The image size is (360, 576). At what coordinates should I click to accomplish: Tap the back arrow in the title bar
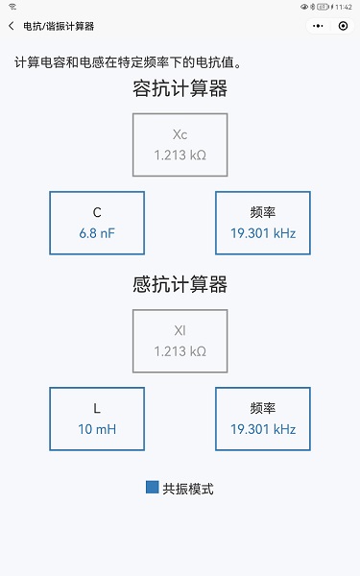click(x=12, y=27)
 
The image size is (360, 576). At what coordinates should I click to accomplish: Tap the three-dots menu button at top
click(x=314, y=27)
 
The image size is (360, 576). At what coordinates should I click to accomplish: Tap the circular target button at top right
click(x=343, y=27)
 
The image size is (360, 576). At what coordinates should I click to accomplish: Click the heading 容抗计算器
click(x=180, y=90)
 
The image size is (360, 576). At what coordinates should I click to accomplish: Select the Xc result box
click(x=180, y=145)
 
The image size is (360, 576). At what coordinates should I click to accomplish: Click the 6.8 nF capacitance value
click(x=97, y=233)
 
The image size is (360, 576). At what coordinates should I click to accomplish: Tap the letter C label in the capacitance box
click(x=97, y=212)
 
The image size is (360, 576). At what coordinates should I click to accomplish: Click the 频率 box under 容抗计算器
click(x=263, y=223)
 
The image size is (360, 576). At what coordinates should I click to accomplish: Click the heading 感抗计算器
click(x=180, y=285)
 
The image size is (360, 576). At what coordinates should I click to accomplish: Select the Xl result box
click(x=180, y=341)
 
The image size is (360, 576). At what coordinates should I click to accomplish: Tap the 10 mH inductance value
click(x=97, y=429)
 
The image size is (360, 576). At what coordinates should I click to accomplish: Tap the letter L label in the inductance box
click(x=97, y=409)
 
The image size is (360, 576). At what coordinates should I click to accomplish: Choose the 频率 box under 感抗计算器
click(x=263, y=419)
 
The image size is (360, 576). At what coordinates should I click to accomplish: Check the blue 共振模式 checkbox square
click(x=152, y=488)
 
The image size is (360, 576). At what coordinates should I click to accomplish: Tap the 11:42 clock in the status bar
click(x=344, y=7)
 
